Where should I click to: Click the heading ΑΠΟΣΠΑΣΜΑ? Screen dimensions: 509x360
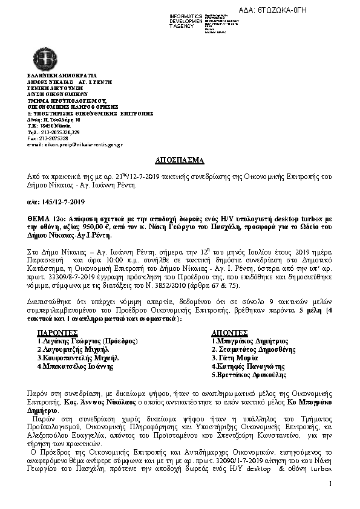pyautogui.click(x=180, y=160)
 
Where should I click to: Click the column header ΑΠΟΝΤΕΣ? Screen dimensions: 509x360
pyautogui.click(x=230, y=332)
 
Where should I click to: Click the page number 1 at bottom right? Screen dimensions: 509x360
pyautogui.click(x=332, y=484)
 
